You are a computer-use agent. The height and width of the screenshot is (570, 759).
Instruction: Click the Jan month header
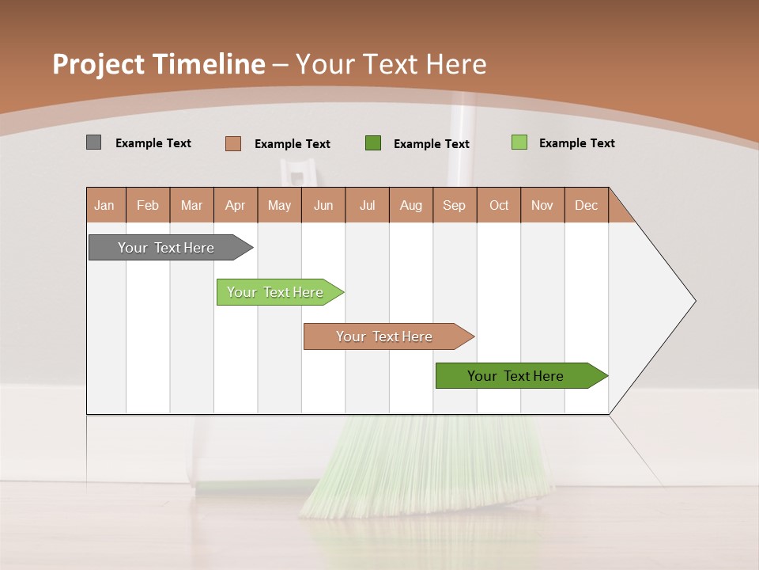105,205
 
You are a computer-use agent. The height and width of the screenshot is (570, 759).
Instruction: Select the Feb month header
148,205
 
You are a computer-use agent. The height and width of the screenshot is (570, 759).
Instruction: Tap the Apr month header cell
236,205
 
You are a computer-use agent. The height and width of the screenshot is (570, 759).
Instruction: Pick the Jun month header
323,205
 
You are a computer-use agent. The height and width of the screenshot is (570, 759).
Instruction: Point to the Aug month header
411,205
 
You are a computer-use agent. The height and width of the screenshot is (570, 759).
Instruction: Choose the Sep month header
455,205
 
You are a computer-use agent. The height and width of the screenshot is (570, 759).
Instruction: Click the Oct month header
499,205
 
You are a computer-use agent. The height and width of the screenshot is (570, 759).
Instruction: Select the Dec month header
587,205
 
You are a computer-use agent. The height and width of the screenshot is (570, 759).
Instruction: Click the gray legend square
93,142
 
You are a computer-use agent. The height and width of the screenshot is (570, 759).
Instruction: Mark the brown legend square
233,143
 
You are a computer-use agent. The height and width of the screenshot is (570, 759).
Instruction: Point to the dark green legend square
373,143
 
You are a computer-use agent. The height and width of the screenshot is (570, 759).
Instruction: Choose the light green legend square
519,142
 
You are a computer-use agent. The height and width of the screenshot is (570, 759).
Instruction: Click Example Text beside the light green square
576,143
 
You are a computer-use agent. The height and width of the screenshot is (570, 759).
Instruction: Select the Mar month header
191,205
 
